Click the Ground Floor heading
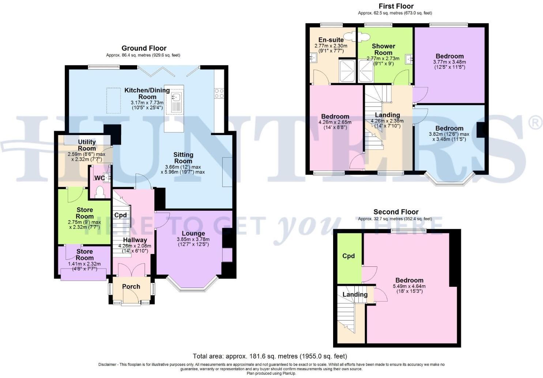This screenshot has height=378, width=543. (x=144, y=48)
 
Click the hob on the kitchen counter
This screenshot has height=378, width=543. (x=219, y=93)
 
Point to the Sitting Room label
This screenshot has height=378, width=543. (x=183, y=158)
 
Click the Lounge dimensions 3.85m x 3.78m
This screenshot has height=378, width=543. (x=193, y=239)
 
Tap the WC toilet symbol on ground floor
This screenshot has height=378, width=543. (x=100, y=192)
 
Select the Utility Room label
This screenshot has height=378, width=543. (x=87, y=145)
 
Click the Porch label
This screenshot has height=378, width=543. (x=131, y=287)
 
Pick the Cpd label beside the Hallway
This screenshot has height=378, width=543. (x=120, y=215)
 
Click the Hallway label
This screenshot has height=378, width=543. (x=135, y=240)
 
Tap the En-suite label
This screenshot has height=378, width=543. (x=331, y=40)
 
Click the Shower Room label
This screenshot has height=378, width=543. (x=383, y=49)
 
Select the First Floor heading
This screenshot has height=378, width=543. (x=396, y=6)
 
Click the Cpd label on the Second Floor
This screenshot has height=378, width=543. (x=348, y=256)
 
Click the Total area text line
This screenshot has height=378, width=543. (x=270, y=356)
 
